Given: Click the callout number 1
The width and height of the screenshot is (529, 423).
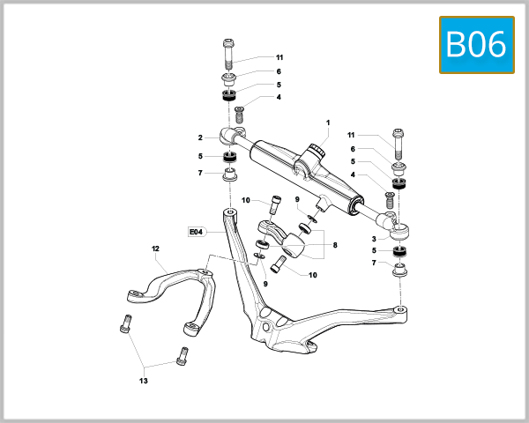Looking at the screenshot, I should tap(327, 122).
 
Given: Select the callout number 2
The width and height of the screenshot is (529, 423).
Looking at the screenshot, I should tap(200, 137).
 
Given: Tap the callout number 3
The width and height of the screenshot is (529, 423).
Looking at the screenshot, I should tap(375, 238).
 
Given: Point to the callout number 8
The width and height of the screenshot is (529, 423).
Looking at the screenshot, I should tap(334, 245).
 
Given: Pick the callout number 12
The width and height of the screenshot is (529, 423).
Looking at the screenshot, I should tap(154, 249).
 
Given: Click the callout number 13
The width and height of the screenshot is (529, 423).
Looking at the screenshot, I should tap(143, 381).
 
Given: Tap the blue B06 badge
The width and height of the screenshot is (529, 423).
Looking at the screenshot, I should tap(476, 44).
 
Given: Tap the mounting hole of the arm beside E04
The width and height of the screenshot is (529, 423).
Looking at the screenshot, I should tap(230, 212).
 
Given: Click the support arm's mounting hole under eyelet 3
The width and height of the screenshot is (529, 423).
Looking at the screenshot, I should tap(400, 309).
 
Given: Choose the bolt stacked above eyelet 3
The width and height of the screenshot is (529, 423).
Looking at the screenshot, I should tap(399, 141).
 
